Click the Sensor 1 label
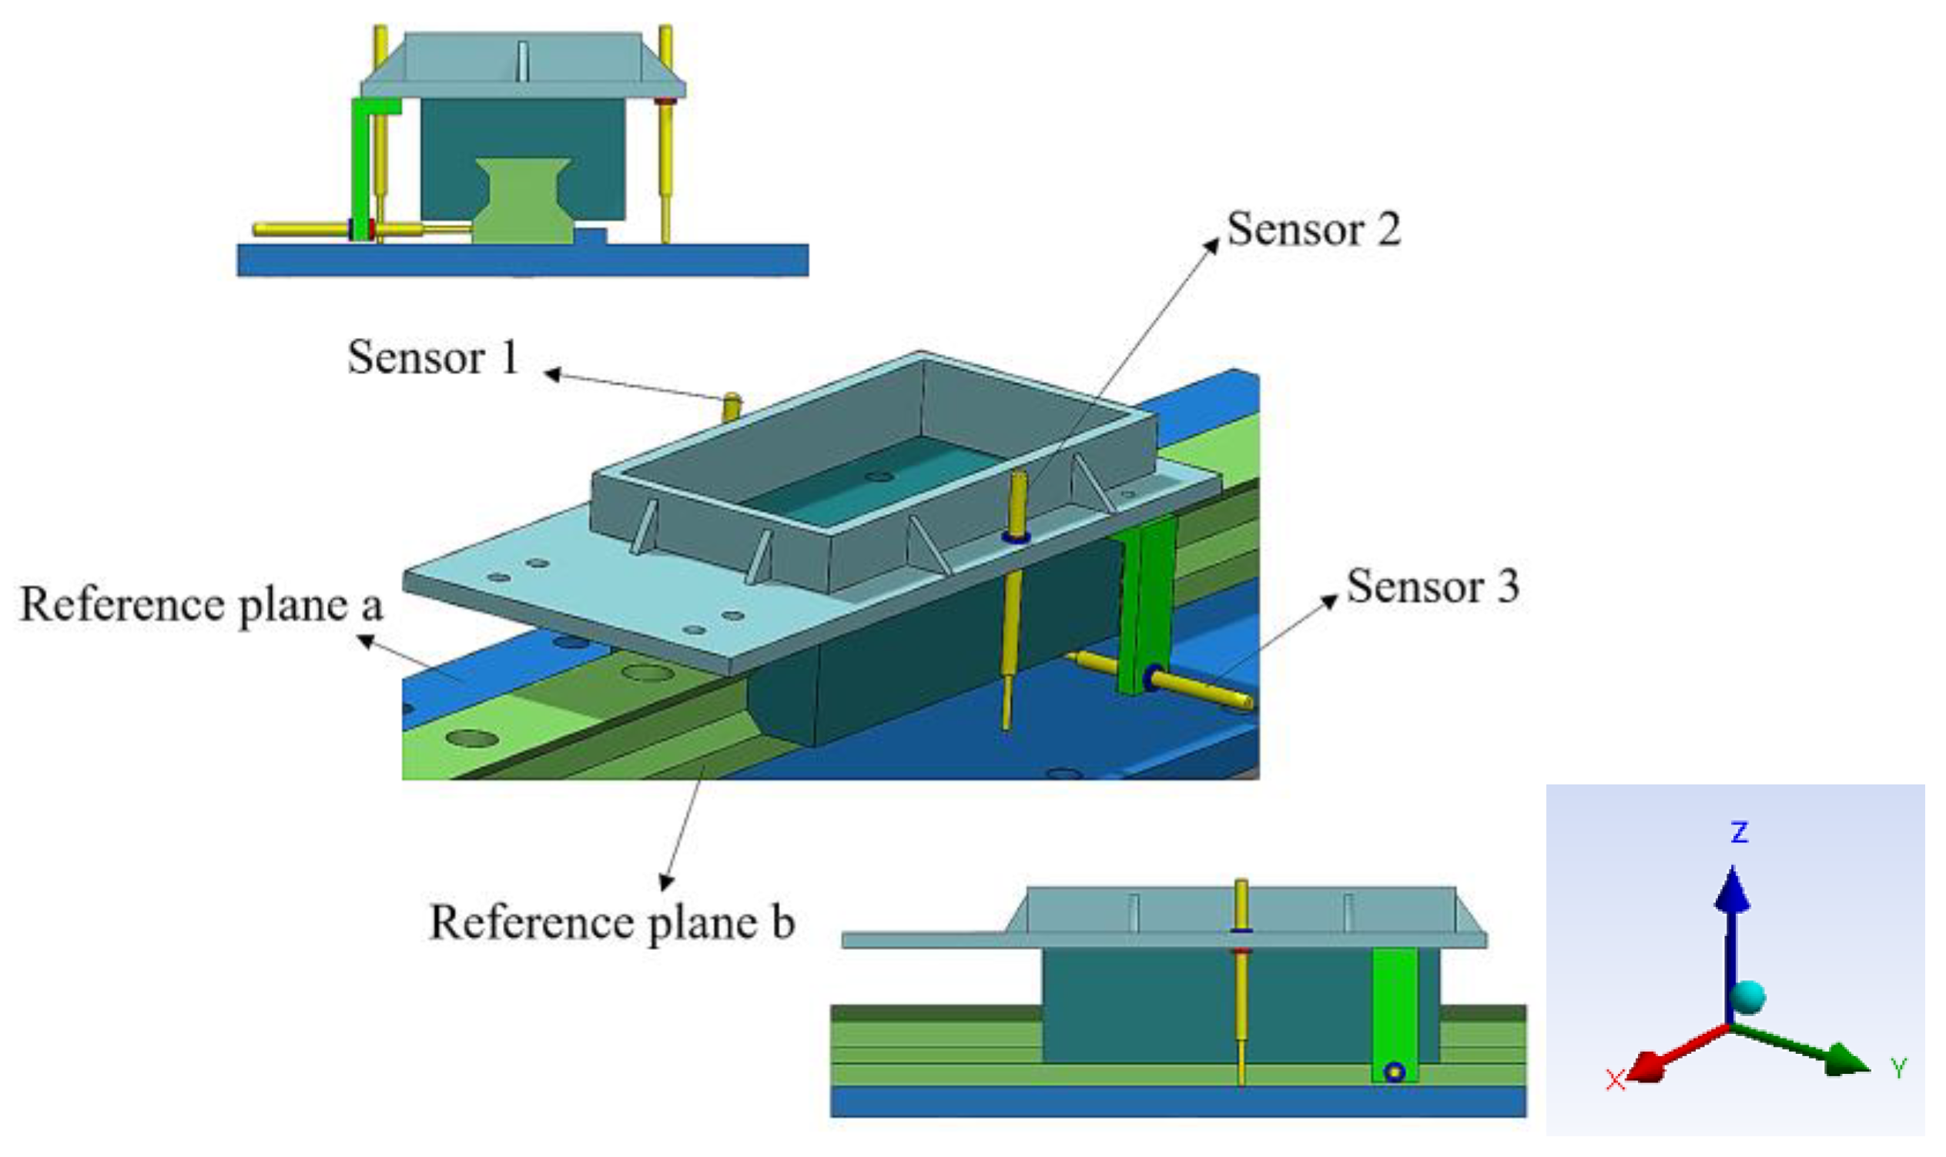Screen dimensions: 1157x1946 pos(433,357)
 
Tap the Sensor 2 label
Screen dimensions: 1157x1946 pos(1314,229)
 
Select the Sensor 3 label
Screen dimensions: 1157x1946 pos(1432,587)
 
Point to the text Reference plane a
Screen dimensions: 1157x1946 pos(201,605)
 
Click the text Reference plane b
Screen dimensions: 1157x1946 pos(611,922)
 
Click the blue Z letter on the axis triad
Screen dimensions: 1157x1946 pos(1739,833)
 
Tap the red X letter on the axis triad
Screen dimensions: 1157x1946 pos(1615,1081)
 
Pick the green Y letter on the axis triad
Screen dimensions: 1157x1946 pos(1898,1069)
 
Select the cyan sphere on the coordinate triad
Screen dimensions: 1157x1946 pos(1748,996)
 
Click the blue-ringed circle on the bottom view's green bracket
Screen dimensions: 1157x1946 pos(1395,1073)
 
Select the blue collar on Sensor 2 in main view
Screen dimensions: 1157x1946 pos(1017,537)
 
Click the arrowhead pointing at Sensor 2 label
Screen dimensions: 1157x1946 pos(1212,245)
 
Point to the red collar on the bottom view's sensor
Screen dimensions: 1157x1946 pos(1241,952)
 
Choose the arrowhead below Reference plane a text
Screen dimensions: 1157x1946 pos(364,639)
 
